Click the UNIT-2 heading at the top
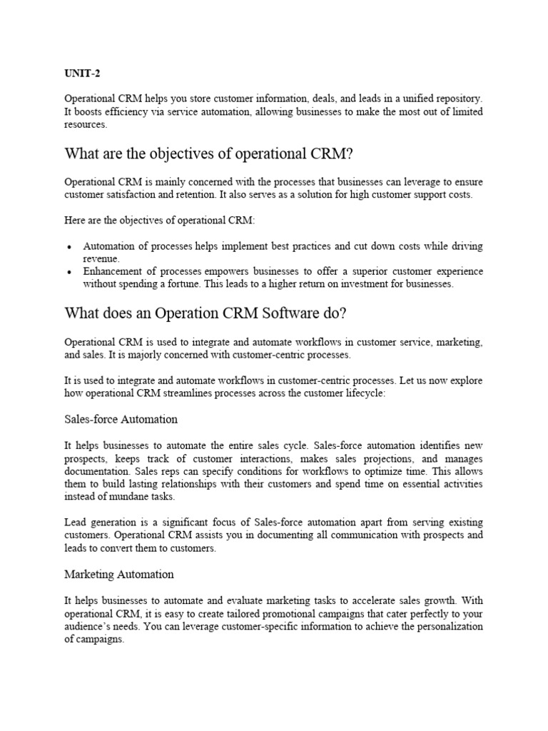80,72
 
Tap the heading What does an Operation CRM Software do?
205,313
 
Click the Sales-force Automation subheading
121,418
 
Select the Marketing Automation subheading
119,574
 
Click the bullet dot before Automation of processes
68,247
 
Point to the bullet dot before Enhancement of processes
68,273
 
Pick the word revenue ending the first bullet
101,258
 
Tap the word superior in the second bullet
375,272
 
